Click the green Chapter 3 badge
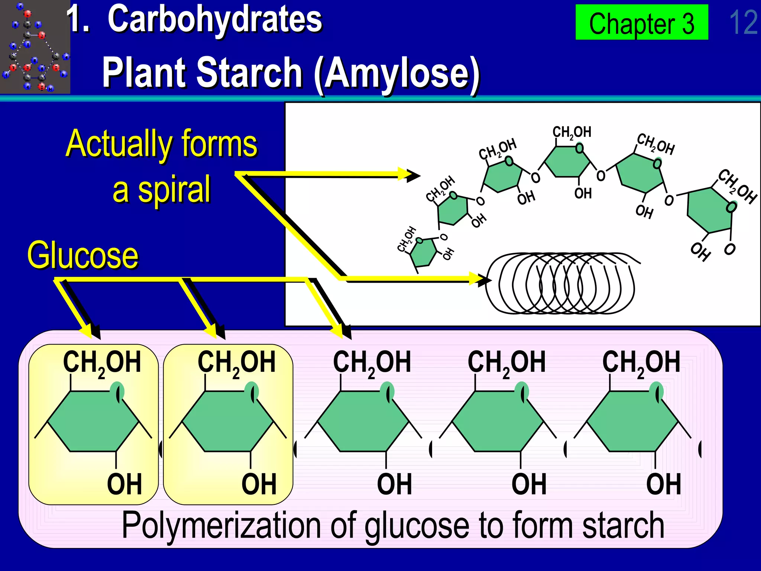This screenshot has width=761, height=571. (642, 22)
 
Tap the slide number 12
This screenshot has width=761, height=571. (743, 22)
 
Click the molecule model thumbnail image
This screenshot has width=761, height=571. (35, 47)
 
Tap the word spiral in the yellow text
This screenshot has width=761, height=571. (174, 190)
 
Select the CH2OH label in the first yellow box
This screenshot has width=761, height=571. (102, 362)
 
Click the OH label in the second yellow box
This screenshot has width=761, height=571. (259, 484)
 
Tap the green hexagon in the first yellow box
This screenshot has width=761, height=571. (93, 421)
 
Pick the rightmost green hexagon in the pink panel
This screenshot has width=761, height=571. (632, 421)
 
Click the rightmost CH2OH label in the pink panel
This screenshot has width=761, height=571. (641, 362)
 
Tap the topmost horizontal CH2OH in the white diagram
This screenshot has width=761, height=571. (571, 132)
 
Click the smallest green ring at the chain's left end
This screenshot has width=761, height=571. (424, 254)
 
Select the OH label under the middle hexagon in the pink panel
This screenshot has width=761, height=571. (395, 484)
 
